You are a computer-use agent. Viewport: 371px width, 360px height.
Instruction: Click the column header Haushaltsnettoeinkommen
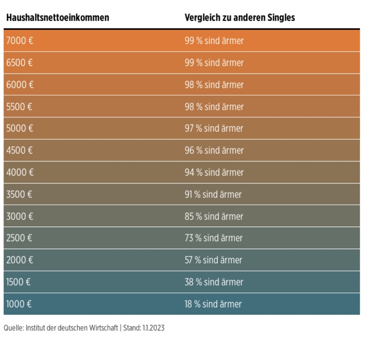pos(57,18)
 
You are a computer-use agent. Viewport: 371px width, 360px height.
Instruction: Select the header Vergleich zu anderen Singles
pos(239,18)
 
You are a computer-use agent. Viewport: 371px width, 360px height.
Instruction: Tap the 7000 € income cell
pos(20,41)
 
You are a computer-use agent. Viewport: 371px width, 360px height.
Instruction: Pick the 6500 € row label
pos(20,63)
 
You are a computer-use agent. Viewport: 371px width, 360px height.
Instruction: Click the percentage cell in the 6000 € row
pos(214,85)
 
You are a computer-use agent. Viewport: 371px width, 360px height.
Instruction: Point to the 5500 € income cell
pos(19,106)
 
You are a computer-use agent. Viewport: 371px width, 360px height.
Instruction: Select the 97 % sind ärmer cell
pos(214,128)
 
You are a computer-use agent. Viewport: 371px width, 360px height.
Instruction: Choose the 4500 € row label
pos(20,150)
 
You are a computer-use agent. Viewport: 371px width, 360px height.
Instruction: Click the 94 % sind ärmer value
pos(214,172)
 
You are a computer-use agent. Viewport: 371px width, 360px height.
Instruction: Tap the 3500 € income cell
pos(19,194)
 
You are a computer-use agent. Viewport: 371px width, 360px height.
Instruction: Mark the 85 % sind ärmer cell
pos(214,216)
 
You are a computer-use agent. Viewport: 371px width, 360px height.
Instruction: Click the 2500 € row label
pos(19,238)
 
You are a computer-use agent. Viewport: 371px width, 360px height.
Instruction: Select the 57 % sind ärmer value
pos(213,260)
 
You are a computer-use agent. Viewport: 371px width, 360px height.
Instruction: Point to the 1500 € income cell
pos(19,282)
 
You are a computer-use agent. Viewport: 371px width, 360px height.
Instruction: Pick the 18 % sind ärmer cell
pos(213,304)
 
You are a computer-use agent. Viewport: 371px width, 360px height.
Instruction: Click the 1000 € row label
pos(19,304)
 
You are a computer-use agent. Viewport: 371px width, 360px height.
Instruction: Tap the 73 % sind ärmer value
pos(213,238)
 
